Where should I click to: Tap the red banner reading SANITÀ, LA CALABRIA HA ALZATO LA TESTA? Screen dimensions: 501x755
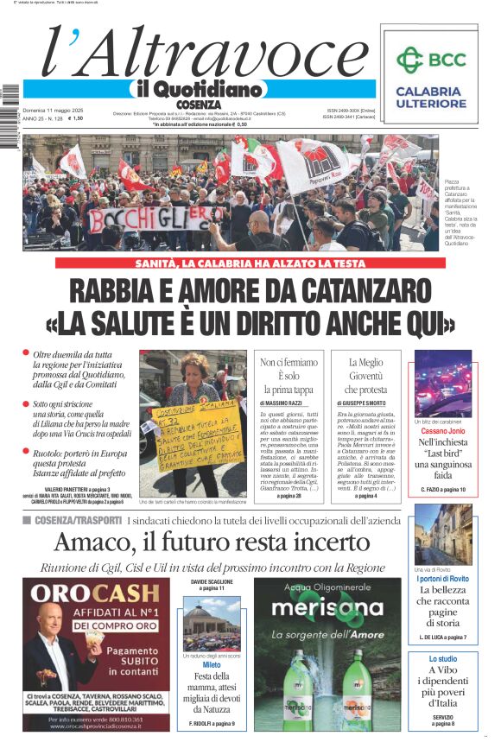(x=250, y=263)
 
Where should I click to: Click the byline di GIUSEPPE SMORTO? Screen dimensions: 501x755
(x=365, y=403)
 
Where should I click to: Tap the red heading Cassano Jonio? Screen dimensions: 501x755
(x=442, y=429)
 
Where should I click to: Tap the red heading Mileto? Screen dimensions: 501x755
(x=212, y=664)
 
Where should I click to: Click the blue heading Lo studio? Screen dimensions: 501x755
(x=442, y=659)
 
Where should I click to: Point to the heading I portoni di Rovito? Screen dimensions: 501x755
(x=442, y=579)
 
